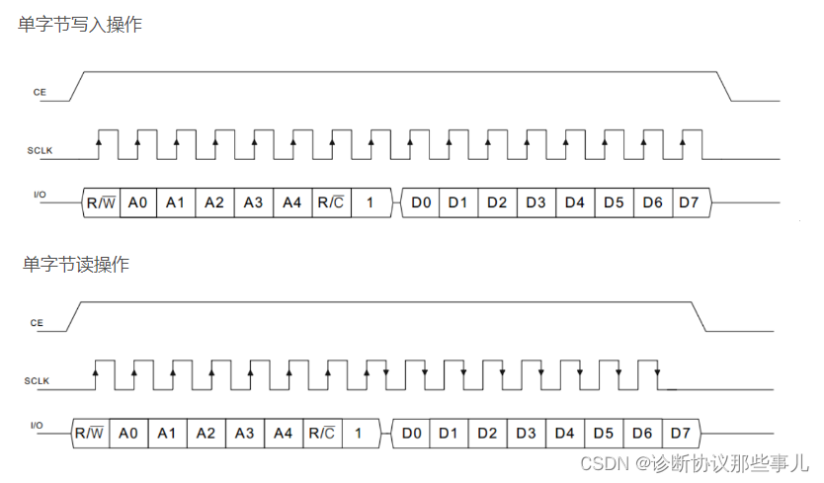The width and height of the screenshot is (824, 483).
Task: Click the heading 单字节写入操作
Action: [x=80, y=25]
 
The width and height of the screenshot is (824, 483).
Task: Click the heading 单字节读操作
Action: [x=76, y=264]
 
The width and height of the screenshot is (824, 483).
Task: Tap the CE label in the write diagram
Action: [x=40, y=91]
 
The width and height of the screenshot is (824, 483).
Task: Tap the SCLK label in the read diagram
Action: [x=38, y=381]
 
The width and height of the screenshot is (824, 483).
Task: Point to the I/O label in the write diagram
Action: [x=40, y=196]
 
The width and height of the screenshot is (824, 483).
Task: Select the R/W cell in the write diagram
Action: [x=102, y=202]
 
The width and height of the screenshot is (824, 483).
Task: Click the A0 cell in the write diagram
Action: [x=138, y=202]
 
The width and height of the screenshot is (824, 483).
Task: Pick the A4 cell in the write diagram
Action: [x=292, y=202]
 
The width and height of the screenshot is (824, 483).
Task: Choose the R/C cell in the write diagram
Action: [x=331, y=202]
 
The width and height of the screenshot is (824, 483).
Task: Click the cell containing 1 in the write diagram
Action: [x=370, y=202]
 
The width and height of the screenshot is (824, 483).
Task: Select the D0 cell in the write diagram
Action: [x=421, y=202]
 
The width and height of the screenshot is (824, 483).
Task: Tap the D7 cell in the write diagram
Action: [x=690, y=202]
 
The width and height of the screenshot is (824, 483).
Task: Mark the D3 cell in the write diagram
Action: [x=536, y=202]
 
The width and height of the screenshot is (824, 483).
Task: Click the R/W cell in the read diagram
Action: [x=90, y=433]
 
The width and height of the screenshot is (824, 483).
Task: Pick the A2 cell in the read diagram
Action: [x=206, y=433]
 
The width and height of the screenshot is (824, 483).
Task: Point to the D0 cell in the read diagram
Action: [x=411, y=433]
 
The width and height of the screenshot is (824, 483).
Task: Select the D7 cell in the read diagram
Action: [x=680, y=433]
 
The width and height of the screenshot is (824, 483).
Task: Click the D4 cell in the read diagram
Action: [x=564, y=433]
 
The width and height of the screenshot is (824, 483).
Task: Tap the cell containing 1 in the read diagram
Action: [x=359, y=433]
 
